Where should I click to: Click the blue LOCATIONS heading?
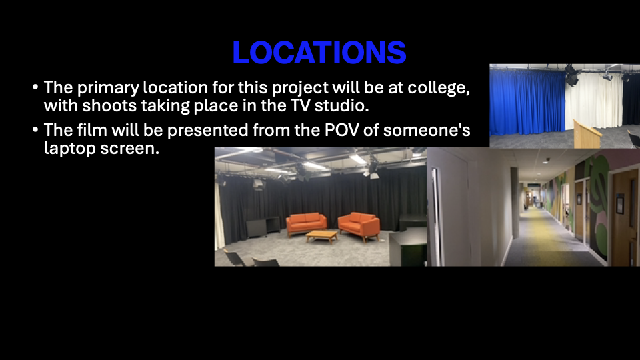tap(319, 52)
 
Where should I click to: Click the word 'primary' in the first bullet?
tap(108, 88)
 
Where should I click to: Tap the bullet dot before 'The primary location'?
tap(35, 87)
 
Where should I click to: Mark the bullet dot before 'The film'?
tap(35, 130)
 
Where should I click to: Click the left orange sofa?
tap(306, 223)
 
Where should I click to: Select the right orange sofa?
tap(359, 226)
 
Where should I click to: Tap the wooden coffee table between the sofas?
tap(322, 236)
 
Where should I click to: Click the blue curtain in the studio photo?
tap(528, 102)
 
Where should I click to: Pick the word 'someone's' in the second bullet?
tap(427, 130)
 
